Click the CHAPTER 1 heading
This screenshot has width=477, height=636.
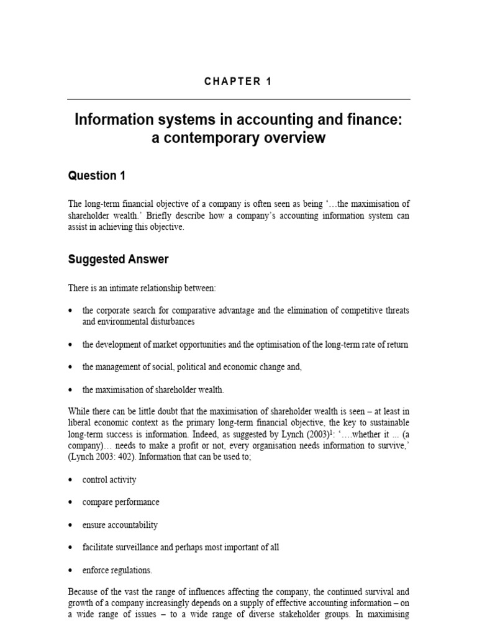pos(238,81)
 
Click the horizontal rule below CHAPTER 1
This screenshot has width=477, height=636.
pos(238,99)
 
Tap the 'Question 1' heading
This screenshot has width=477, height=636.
pos(96,176)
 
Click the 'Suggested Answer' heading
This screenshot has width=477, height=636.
pos(118,260)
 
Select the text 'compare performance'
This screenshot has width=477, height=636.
pos(120,502)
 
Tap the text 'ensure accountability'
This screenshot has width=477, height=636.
pos(120,525)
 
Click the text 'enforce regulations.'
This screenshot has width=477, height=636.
pos(117,570)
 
